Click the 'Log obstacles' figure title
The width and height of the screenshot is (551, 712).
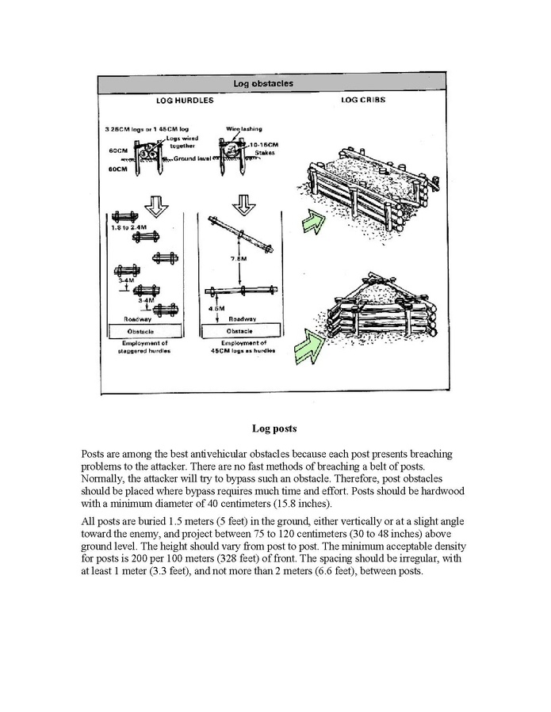pyautogui.click(x=264, y=83)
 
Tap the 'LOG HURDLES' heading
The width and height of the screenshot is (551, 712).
pyautogui.click(x=185, y=101)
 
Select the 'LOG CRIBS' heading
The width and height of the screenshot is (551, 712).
pyautogui.click(x=363, y=101)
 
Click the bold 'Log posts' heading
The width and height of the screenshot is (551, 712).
pyautogui.click(x=274, y=428)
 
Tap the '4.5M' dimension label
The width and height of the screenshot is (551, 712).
pyautogui.click(x=213, y=307)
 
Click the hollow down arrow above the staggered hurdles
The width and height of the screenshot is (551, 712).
pyautogui.click(x=159, y=208)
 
